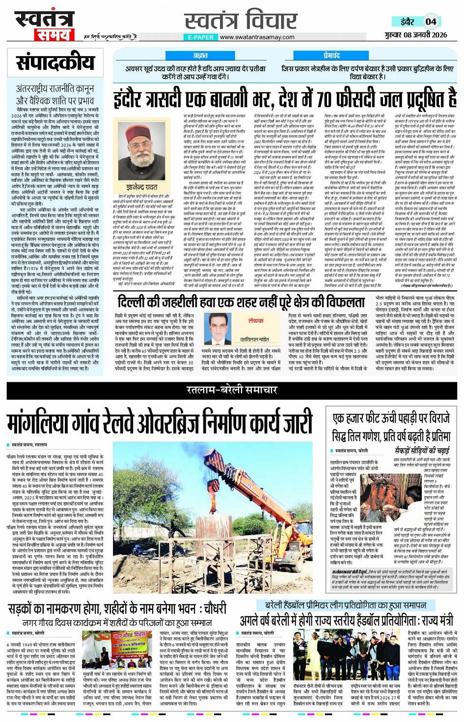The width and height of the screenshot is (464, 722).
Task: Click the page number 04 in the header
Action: click(431, 21)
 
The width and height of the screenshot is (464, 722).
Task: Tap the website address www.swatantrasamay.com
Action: click(257, 37)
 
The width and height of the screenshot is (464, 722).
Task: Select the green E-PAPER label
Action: click(201, 37)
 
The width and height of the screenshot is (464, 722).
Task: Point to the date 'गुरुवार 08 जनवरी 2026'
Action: click(415, 35)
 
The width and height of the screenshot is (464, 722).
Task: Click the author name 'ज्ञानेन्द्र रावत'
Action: click(141, 187)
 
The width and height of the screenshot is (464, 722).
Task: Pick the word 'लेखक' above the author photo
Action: click(256, 320)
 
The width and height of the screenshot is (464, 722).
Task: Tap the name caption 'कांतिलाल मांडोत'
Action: click(255, 339)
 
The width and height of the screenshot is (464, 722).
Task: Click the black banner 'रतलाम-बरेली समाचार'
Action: click(232, 390)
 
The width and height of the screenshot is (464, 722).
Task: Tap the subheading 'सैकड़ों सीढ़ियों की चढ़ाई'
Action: click(422, 451)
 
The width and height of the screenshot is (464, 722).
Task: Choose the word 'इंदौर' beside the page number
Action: click(407, 22)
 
